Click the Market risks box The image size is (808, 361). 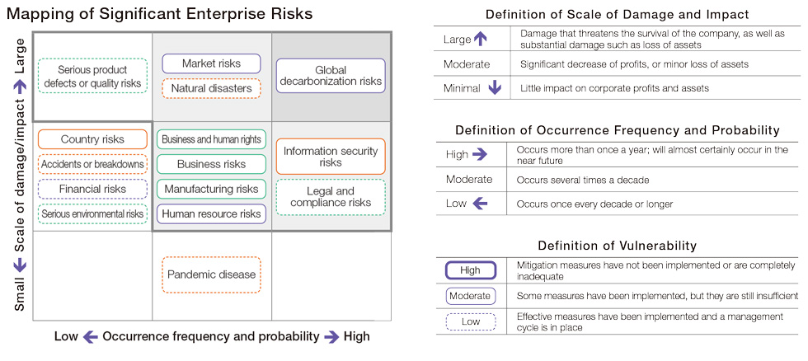click(x=211, y=63)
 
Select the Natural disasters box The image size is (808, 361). click(x=211, y=88)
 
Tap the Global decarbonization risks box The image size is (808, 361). click(x=331, y=76)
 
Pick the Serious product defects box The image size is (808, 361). click(x=92, y=76)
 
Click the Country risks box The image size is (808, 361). click(x=92, y=139)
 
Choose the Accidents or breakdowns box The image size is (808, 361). click(x=92, y=164)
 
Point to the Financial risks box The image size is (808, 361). click(x=92, y=189)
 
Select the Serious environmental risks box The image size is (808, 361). click(x=92, y=213)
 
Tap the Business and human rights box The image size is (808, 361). click(x=211, y=139)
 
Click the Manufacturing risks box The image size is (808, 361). click(x=211, y=189)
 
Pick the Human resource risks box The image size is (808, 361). click(x=211, y=213)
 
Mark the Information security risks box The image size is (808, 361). click(x=331, y=157)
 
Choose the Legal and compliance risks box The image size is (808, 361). click(x=331, y=197)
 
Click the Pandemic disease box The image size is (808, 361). click(x=211, y=274)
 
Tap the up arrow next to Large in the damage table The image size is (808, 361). click(x=480, y=39)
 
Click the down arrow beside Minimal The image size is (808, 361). click(x=495, y=87)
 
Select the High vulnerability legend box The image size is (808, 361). click(x=471, y=270)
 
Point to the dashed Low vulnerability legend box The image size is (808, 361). click(x=471, y=322)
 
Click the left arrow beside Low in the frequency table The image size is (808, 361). click(x=480, y=204)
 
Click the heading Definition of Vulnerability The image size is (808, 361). click(x=618, y=246)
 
